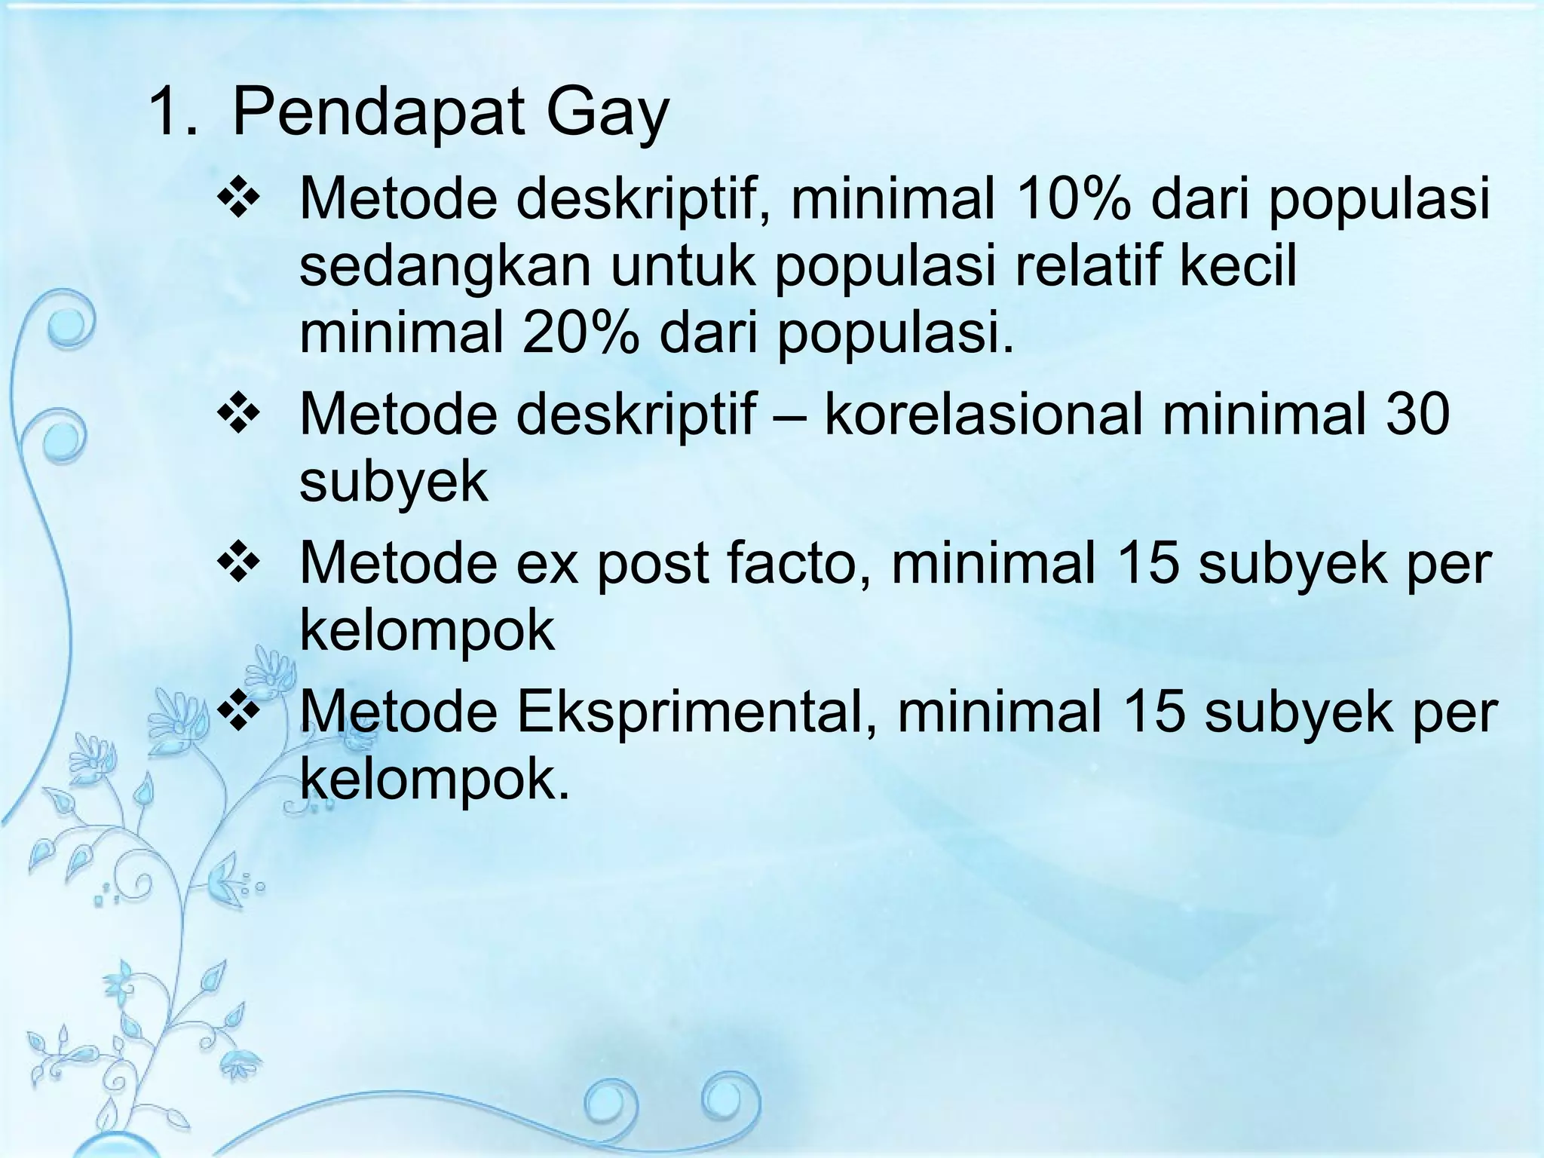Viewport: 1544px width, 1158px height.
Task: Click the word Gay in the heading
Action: point(607,114)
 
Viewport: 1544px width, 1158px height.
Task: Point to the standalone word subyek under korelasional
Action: point(394,482)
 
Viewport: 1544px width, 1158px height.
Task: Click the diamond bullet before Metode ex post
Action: point(239,564)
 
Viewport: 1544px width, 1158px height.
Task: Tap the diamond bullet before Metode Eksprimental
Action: point(239,713)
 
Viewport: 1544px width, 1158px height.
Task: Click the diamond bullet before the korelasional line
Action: point(239,415)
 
